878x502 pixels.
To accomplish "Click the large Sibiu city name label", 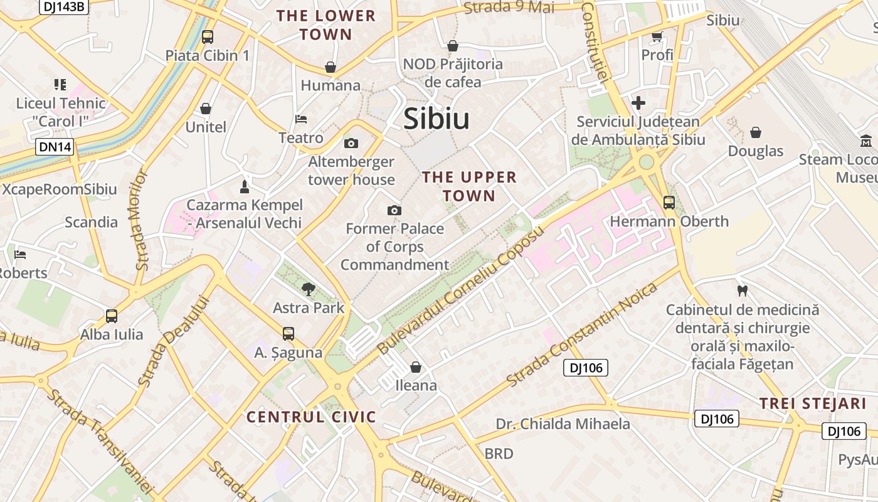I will click(x=436, y=119).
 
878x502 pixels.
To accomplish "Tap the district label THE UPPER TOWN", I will click(x=469, y=186).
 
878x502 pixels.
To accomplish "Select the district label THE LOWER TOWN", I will click(x=326, y=25).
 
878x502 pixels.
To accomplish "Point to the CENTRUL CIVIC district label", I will click(x=311, y=417).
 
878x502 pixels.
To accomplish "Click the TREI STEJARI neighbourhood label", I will click(x=813, y=403).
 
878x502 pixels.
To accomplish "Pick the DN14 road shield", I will click(x=55, y=147).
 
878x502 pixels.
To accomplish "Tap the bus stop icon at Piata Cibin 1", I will click(x=208, y=37).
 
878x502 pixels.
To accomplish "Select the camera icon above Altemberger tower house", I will click(x=351, y=144).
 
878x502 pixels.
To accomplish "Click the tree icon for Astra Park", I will click(x=308, y=289).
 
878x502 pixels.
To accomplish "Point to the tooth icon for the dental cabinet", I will click(x=743, y=291).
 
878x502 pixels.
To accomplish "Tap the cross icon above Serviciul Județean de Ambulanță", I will click(x=638, y=103).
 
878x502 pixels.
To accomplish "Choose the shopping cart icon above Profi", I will click(x=657, y=37).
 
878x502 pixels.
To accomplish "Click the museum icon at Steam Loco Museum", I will click(x=867, y=141).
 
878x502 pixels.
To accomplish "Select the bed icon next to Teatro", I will click(x=301, y=119).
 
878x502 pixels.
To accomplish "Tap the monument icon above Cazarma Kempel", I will click(x=245, y=186).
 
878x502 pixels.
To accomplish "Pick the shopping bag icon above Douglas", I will click(x=756, y=132).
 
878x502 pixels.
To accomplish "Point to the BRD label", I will click(x=499, y=453).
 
